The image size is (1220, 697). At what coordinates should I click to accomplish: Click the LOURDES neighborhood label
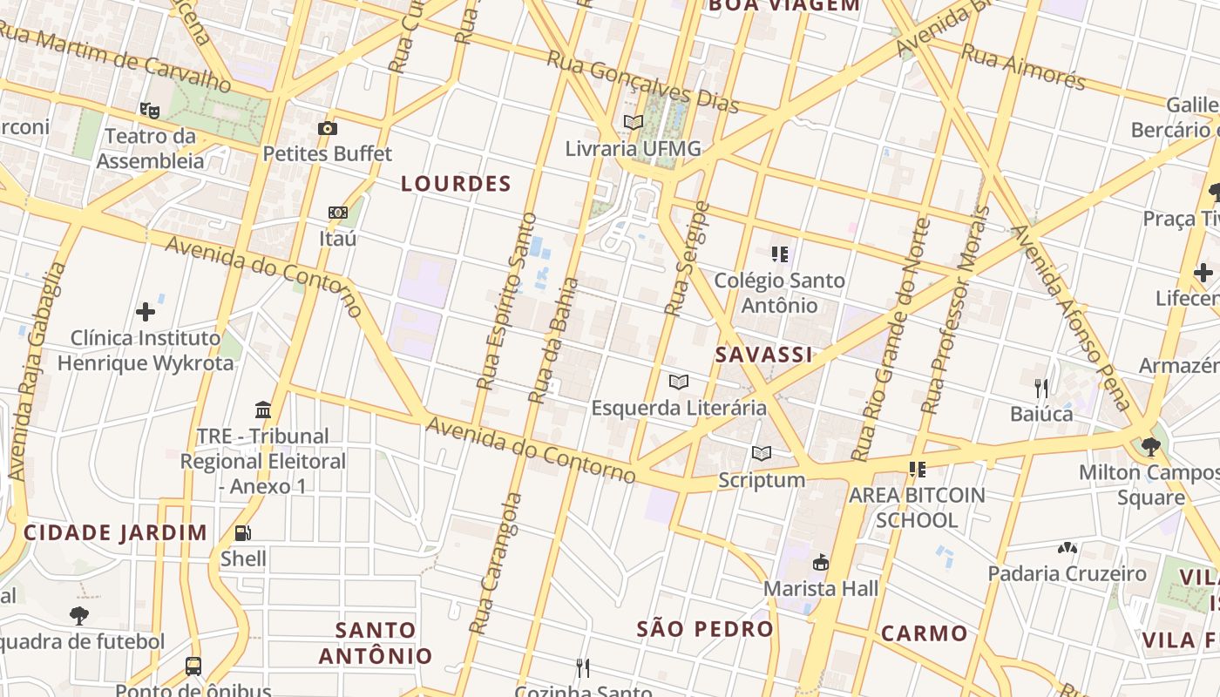(x=456, y=184)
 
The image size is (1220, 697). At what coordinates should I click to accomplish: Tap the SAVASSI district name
(x=763, y=355)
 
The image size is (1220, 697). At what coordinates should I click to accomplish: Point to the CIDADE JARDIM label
(x=116, y=532)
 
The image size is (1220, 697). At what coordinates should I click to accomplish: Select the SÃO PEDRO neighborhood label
(x=705, y=629)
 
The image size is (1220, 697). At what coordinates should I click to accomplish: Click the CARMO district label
(x=924, y=633)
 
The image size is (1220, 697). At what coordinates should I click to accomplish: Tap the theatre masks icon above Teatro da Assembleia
(x=150, y=111)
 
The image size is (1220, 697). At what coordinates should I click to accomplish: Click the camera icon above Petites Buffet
(x=328, y=129)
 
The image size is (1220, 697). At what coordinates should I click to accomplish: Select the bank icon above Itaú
(x=337, y=213)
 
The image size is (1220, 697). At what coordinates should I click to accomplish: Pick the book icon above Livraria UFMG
(x=634, y=123)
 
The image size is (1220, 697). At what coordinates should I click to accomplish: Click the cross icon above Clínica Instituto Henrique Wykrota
(x=146, y=312)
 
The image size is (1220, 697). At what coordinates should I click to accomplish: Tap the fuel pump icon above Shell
(x=243, y=533)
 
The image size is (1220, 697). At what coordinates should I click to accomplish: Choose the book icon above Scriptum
(x=762, y=454)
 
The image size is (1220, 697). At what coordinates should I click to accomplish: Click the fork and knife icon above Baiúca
(x=1041, y=388)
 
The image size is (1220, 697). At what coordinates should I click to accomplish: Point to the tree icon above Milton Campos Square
(x=1151, y=447)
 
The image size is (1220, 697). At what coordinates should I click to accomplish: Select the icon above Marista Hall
(x=820, y=563)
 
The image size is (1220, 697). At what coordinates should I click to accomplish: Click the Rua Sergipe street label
(x=688, y=259)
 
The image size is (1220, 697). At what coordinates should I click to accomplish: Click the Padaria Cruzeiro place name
(x=1067, y=573)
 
